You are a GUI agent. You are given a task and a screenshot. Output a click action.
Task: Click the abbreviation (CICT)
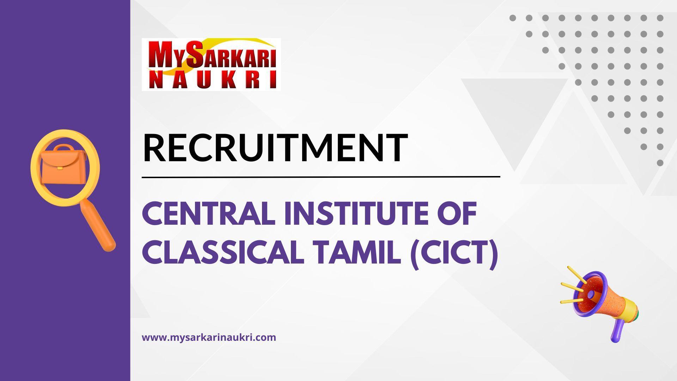coord(455,253)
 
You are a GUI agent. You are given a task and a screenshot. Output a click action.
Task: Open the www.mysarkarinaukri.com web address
coord(209,337)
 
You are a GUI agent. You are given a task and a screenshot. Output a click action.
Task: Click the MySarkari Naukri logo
coord(211,64)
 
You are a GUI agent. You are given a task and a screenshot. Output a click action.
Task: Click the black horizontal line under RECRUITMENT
coord(321,177)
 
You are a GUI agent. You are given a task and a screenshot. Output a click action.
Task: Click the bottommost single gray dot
coord(660,163)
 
